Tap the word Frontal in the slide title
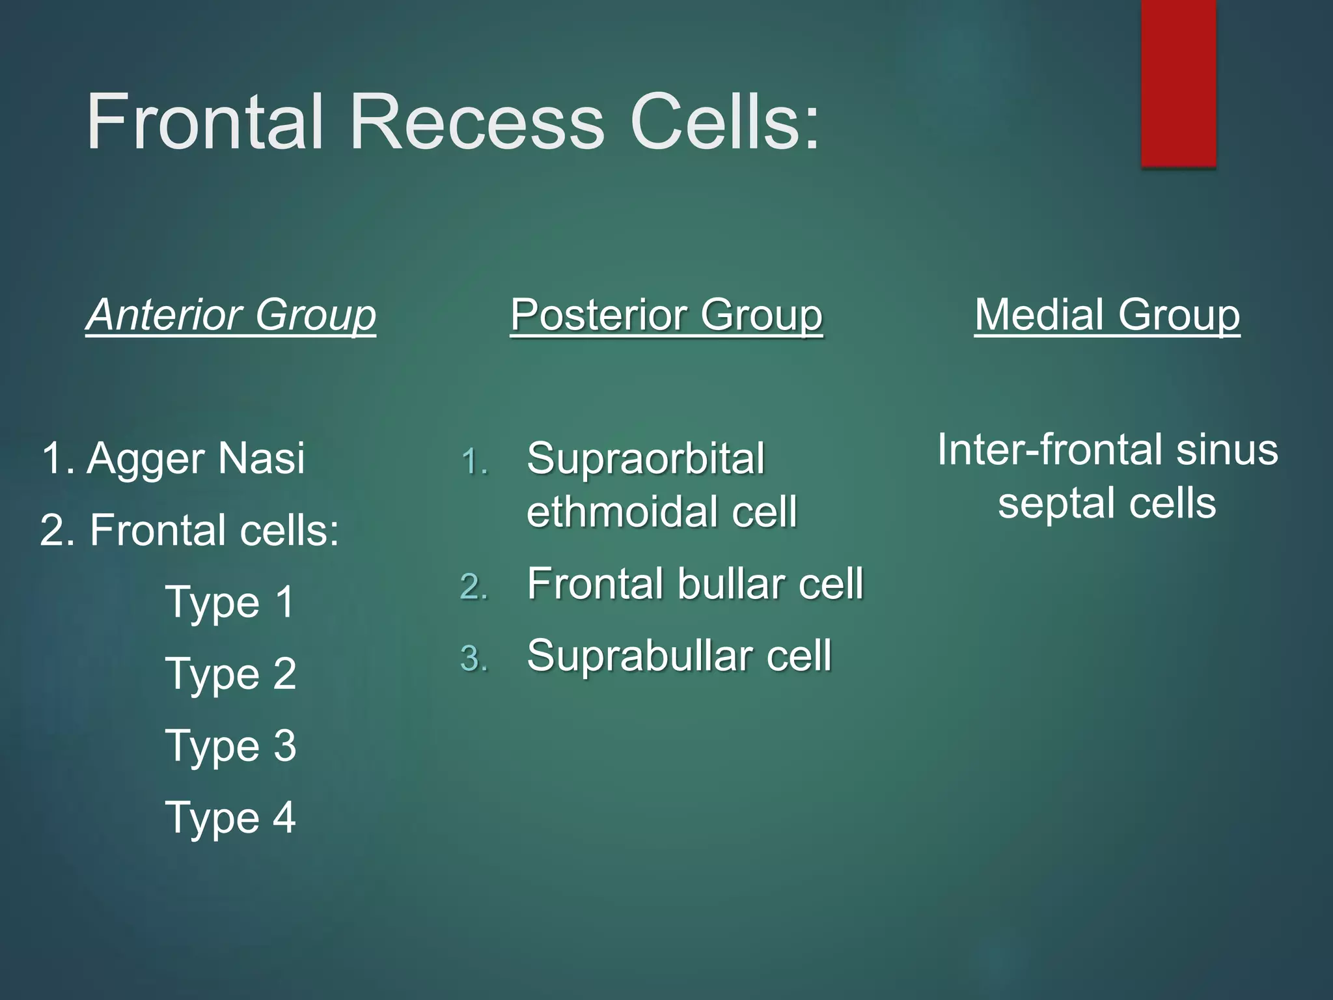205,122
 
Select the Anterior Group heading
231,315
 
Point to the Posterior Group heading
666,315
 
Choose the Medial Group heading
1106,315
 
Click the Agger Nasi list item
173,458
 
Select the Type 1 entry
230,602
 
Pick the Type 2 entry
230,674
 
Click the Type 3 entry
230,746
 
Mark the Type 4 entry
230,818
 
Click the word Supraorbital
646,459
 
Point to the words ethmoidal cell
661,512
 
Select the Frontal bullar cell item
695,584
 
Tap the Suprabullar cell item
679,656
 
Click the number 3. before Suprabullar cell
474,658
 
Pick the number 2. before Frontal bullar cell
474,587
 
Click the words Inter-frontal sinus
1107,451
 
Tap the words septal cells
1106,503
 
